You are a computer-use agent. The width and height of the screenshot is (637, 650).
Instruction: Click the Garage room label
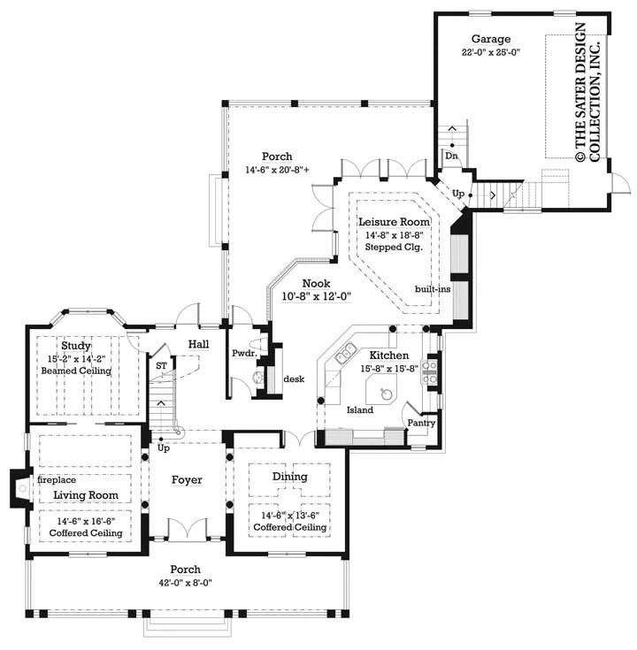coord(491,40)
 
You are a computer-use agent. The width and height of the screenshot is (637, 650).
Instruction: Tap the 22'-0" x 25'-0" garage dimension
coord(491,52)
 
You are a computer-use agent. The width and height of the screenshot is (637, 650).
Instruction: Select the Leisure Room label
coord(394,222)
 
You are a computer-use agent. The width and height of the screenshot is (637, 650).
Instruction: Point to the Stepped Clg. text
coord(394,248)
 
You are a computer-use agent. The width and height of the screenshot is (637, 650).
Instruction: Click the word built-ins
coord(433,289)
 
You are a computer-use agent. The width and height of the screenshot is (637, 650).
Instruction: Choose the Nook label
coord(317,284)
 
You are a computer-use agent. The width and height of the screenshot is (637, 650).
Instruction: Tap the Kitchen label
coord(389,356)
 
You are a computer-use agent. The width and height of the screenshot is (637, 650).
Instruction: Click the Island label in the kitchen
coord(360,410)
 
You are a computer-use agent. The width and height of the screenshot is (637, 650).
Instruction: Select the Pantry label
coord(421,424)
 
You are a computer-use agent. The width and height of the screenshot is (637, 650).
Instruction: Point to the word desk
coord(294,379)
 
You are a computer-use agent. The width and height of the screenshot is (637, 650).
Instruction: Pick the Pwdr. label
coord(245,354)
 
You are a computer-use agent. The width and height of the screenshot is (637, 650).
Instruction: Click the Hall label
coord(199,344)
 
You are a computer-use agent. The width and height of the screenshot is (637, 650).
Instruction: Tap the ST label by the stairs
coord(161,366)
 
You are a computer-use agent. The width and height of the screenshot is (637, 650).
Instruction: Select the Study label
coord(76,346)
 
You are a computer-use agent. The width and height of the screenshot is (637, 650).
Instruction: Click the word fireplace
coord(57,480)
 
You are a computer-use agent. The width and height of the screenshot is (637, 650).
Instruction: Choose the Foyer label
coord(187,480)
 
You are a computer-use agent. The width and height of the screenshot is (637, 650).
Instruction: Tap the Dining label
coord(290,477)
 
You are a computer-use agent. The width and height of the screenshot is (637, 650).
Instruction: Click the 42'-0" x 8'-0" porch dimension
coord(186,583)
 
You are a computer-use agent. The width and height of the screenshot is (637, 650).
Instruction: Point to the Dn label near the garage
coord(451,156)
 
